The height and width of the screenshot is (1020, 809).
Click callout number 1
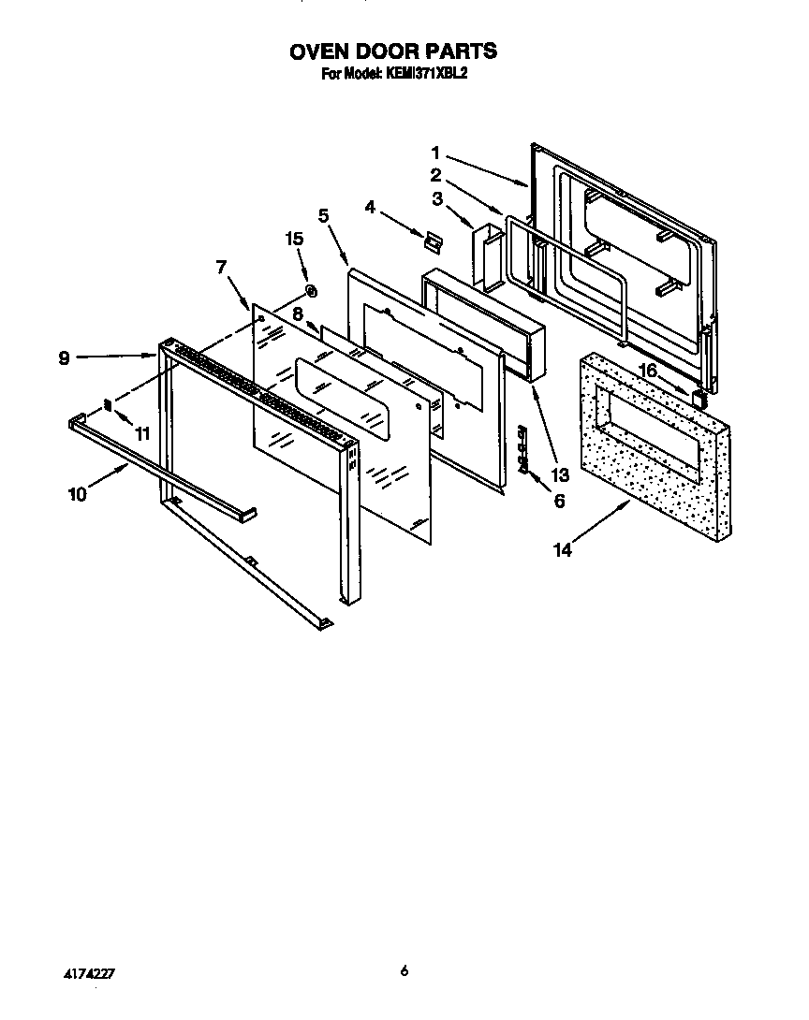tap(435, 152)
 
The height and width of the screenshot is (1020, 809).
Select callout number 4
tap(371, 207)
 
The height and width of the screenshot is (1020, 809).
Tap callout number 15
tap(294, 239)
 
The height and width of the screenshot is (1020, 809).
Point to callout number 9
tap(64, 357)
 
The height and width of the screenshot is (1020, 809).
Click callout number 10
tap(77, 494)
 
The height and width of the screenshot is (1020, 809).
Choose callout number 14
tap(562, 550)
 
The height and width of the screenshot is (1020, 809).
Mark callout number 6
tap(559, 501)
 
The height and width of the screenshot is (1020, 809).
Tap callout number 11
tap(142, 433)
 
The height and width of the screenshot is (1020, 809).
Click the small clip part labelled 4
tap(431, 240)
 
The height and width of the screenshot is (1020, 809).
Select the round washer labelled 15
tap(312, 292)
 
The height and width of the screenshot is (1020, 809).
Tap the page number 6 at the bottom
tap(404, 971)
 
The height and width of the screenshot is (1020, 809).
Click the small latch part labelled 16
tap(698, 397)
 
